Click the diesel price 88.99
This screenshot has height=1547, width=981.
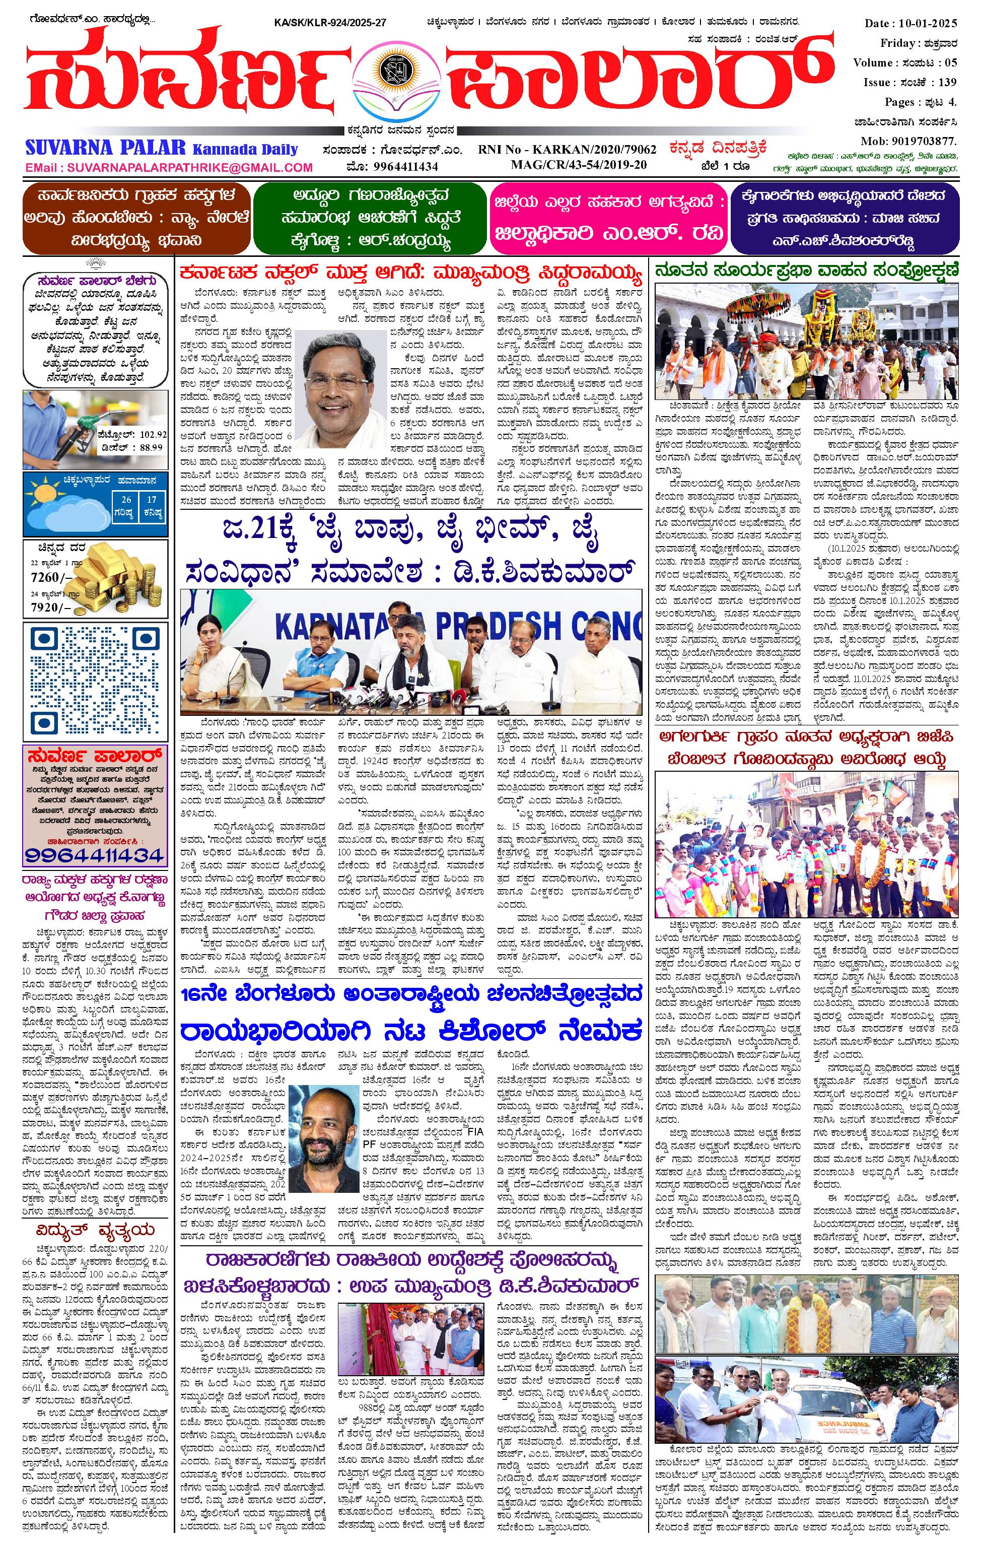point(151,447)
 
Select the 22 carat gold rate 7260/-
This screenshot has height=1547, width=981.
point(49,576)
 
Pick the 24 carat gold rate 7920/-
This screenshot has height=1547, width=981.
point(49,608)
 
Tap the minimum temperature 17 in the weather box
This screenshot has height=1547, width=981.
point(152,499)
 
